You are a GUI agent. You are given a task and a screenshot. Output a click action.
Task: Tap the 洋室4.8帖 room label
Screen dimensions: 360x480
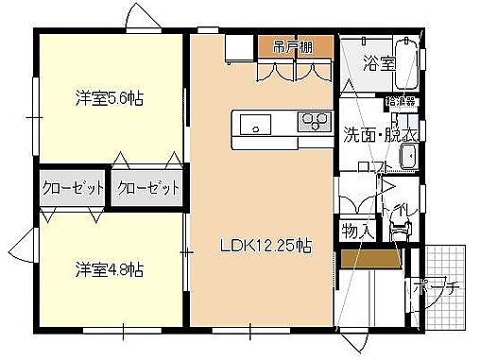[x=111, y=269]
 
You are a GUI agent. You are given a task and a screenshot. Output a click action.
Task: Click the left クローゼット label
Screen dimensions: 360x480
[x=73, y=188]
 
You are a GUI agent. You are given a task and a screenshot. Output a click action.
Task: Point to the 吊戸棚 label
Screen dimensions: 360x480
[x=295, y=45]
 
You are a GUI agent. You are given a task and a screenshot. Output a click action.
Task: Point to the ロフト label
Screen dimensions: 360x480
[x=375, y=168]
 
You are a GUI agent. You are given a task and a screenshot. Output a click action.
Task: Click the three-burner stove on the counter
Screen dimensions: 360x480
[x=314, y=120]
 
